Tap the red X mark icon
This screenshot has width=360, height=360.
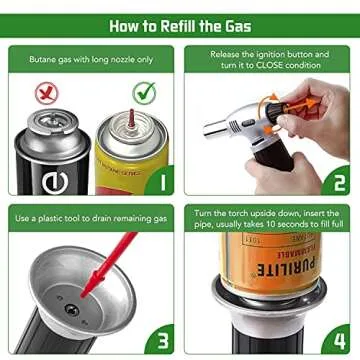[42, 94]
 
